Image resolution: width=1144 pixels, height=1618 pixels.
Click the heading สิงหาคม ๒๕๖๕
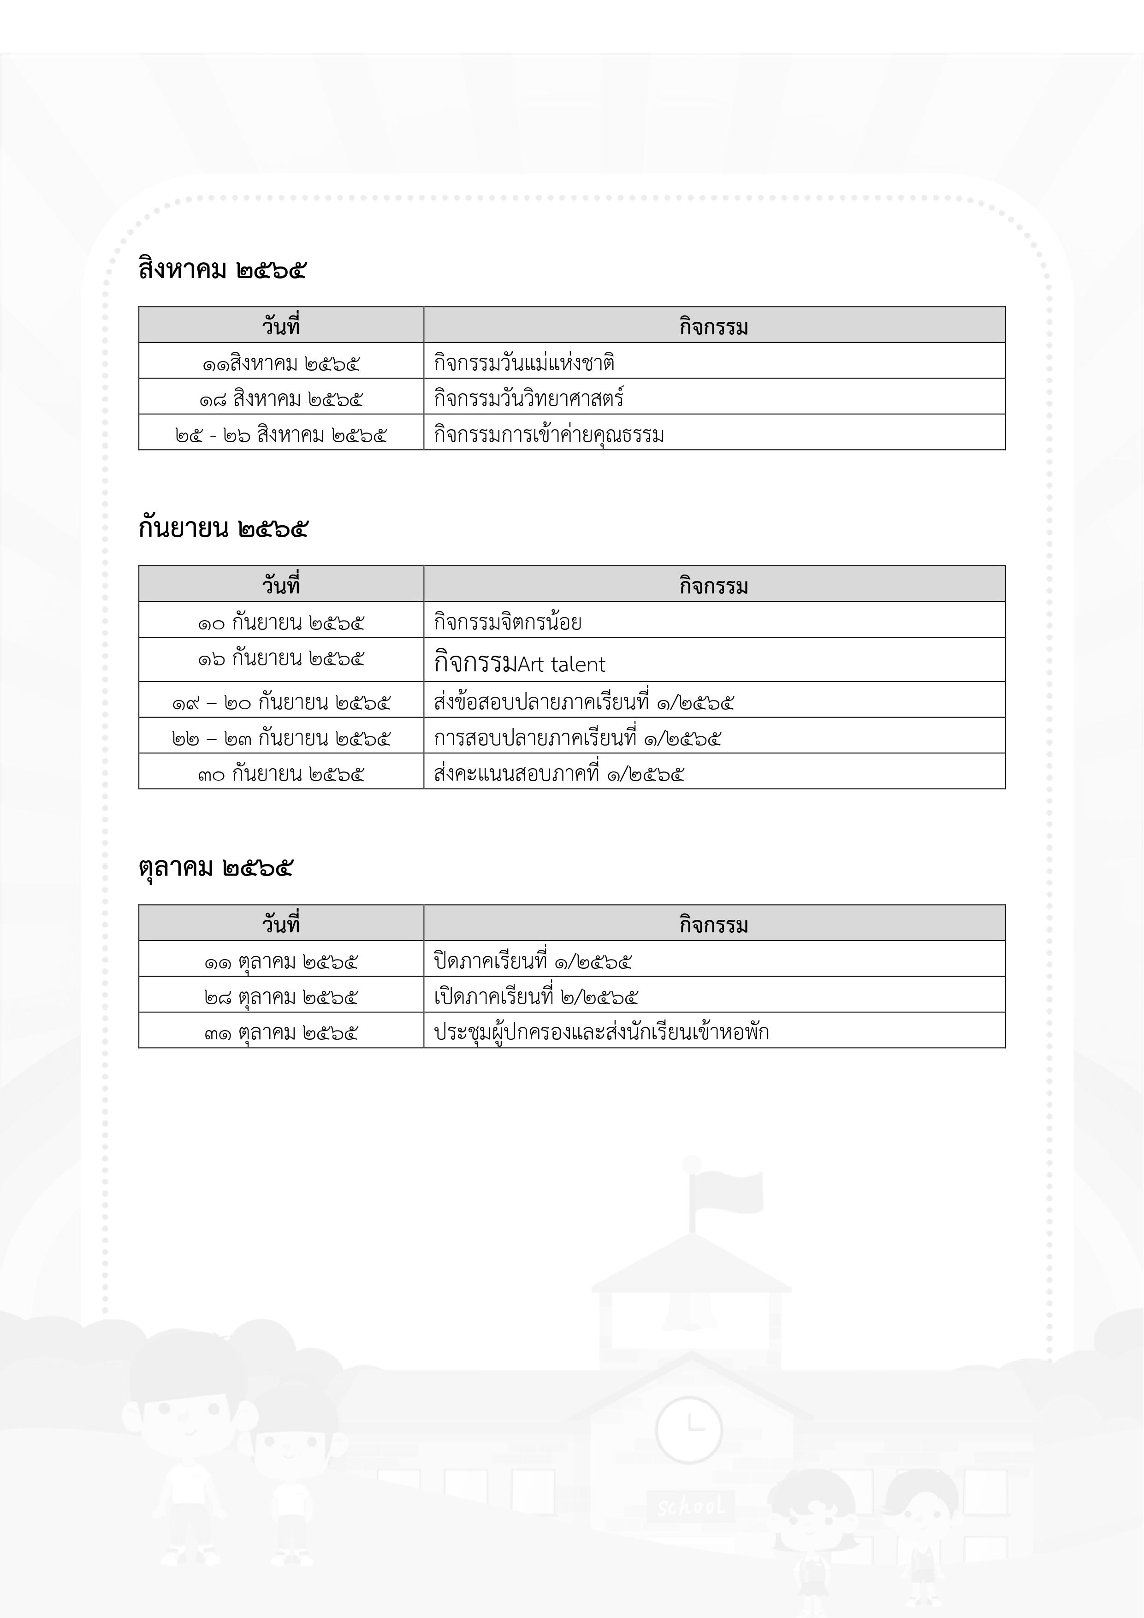tap(222, 270)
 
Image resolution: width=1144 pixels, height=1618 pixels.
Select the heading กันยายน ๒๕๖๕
tap(223, 528)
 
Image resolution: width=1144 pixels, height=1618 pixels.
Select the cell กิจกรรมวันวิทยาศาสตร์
tap(528, 399)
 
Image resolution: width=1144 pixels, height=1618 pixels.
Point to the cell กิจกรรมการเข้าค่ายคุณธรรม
tap(548, 435)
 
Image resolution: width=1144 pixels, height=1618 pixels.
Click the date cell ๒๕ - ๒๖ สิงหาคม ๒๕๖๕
tap(280, 435)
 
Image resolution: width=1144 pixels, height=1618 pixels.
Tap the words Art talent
tap(562, 664)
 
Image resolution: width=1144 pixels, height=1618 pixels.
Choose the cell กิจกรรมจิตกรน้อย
tap(508, 622)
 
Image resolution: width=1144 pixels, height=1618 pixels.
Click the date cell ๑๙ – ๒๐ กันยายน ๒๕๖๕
tap(280, 703)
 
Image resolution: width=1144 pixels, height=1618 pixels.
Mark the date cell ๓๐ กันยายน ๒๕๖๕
tap(280, 774)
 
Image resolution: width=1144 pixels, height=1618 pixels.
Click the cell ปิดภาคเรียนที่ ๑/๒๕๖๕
tap(532, 961)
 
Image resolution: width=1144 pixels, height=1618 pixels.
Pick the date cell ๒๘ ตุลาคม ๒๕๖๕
tap(280, 997)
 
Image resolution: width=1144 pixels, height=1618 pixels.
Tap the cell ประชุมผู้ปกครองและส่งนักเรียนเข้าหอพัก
tap(601, 1032)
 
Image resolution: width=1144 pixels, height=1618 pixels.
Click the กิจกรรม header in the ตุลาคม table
tap(713, 925)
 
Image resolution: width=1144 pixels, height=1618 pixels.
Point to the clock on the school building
tap(688, 1430)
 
